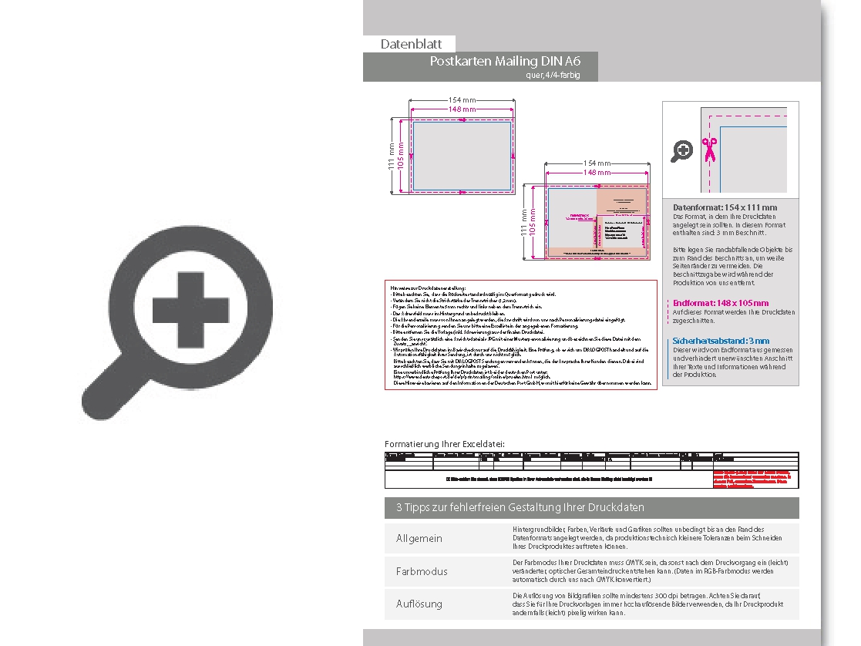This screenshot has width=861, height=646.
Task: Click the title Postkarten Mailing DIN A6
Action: point(506,62)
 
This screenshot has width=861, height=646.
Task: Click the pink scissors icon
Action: point(709,149)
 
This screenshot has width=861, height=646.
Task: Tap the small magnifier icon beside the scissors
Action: point(681,152)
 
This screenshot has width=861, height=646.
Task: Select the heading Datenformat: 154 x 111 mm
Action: point(725,207)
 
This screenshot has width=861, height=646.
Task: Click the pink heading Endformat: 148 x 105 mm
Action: point(721,303)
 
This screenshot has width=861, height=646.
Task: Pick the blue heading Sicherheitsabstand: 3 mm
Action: point(721,340)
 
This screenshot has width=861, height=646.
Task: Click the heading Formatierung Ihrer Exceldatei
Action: point(445,444)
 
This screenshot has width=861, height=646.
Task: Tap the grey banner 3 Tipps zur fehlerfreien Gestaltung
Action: point(520,507)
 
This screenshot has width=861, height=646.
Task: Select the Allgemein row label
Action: point(419,538)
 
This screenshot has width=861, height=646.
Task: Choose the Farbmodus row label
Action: point(422,571)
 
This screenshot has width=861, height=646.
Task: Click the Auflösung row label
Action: point(419,604)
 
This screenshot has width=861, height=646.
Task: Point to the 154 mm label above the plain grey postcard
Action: point(462,100)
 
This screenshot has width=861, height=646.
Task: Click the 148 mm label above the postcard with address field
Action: point(597,173)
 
